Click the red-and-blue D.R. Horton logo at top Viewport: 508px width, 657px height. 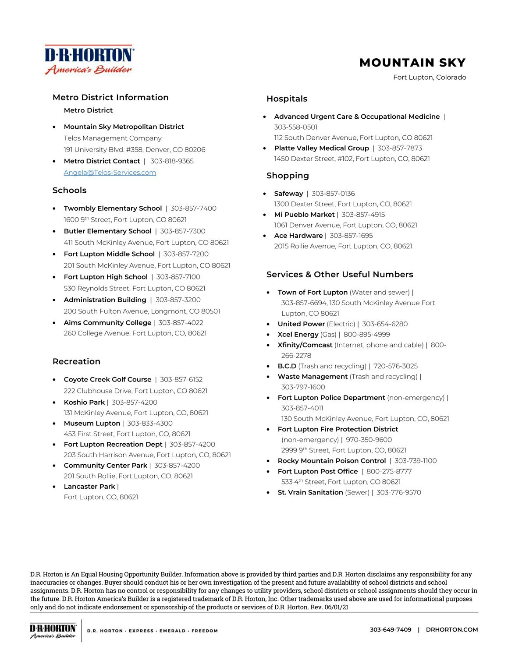coord(89,59)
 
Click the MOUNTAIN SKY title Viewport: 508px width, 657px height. coord(412,63)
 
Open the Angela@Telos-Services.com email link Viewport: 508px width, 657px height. coord(110,173)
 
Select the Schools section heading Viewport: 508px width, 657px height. coord(69,191)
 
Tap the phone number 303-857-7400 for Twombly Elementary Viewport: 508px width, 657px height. coord(193,208)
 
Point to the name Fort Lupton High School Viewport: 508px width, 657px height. coord(106,277)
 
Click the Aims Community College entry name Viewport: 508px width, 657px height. coord(107,323)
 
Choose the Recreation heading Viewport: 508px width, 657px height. coord(76,361)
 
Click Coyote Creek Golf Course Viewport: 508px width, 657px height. coord(107,379)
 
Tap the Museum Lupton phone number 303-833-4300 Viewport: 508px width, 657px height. coord(150,424)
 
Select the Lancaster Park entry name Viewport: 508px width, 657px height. coord(89,487)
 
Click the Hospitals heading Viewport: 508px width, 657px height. coord(287,99)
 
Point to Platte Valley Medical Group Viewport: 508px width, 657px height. coord(321,148)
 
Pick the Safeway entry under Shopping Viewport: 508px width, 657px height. coord(288,194)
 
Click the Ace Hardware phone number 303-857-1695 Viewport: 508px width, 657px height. coord(351,236)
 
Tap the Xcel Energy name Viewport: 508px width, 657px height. coord(298,335)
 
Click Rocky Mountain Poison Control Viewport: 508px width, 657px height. coord(331,461)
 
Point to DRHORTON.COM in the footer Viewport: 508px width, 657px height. coord(451,630)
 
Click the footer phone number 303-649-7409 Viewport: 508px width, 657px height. coord(391,630)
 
